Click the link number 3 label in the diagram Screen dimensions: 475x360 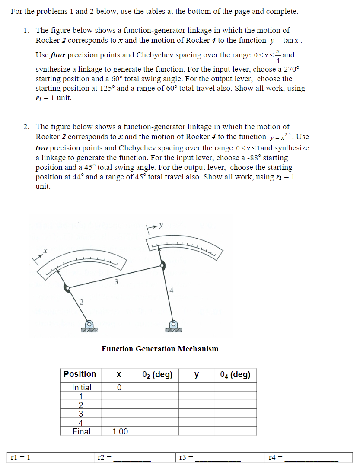pyautogui.click(x=115, y=282)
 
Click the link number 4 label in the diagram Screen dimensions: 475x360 pyautogui.click(x=172, y=290)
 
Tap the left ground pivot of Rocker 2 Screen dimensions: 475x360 pyautogui.click(x=89, y=324)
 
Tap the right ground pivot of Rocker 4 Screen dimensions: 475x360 pyautogui.click(x=173, y=324)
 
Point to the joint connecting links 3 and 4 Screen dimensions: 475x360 pyautogui.click(x=162, y=265)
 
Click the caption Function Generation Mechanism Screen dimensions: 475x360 pyautogui.click(x=160, y=349)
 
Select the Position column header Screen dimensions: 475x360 pyautogui.click(x=80, y=374)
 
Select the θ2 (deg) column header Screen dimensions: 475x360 pyautogui.click(x=158, y=374)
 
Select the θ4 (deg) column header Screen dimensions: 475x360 pyautogui.click(x=236, y=374)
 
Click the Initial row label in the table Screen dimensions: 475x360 pyautogui.click(x=81, y=387)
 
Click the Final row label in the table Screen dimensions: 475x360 pyautogui.click(x=81, y=431)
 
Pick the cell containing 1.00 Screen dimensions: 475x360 pyautogui.click(x=120, y=431)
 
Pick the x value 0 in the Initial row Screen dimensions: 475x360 pyautogui.click(x=119, y=387)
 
